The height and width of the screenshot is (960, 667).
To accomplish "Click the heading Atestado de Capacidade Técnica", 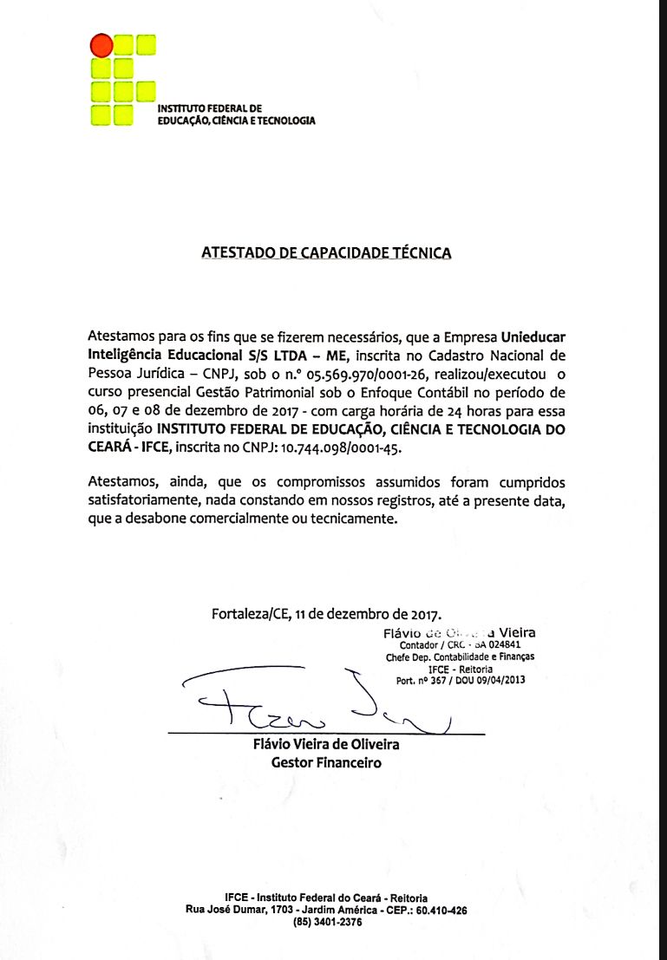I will [326, 253].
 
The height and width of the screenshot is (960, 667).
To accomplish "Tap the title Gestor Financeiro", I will [326, 763].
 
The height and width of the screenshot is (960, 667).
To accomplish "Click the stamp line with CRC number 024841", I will [460, 645].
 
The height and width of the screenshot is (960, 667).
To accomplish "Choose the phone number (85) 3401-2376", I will [327, 923].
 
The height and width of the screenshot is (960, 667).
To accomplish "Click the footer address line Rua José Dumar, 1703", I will [327, 911].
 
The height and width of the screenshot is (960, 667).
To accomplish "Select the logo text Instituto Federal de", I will [203, 108].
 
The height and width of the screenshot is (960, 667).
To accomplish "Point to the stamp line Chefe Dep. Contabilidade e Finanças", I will [460, 657].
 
